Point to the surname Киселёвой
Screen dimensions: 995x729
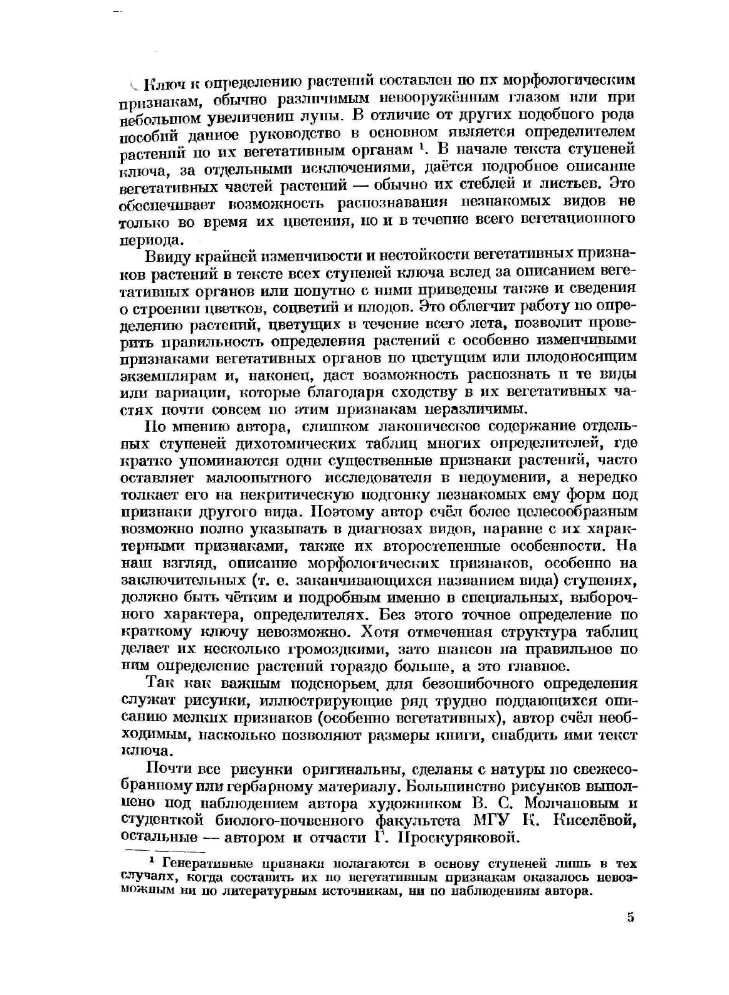click(592, 820)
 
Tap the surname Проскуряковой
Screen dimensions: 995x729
click(451, 837)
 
